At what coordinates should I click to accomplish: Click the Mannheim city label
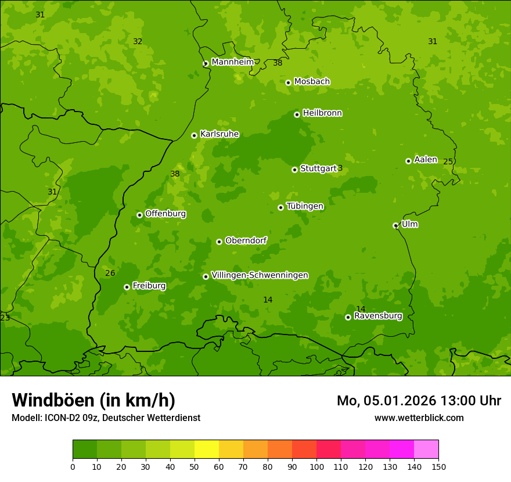(x=232, y=62)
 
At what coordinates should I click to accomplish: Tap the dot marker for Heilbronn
(x=297, y=114)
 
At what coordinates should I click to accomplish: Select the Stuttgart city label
(x=318, y=168)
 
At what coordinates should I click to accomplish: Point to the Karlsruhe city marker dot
(x=194, y=135)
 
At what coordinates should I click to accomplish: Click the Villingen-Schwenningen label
(x=260, y=275)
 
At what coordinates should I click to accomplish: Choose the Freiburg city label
(x=149, y=286)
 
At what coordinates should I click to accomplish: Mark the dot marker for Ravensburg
(x=348, y=317)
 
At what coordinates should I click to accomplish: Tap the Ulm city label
(x=409, y=224)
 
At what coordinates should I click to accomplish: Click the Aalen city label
(x=425, y=160)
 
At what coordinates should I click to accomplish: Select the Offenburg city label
(x=165, y=214)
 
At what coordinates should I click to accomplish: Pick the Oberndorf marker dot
(x=219, y=242)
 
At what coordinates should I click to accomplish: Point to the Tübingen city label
(x=305, y=206)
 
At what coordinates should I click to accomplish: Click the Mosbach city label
(x=311, y=81)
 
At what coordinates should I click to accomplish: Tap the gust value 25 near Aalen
(x=448, y=162)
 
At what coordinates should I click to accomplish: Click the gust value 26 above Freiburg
(x=110, y=273)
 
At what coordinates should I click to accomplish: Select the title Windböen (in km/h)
(x=93, y=400)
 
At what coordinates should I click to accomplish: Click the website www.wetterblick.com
(x=419, y=418)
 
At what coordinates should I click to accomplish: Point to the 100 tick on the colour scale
(x=316, y=466)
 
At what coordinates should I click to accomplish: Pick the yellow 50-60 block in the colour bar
(x=207, y=449)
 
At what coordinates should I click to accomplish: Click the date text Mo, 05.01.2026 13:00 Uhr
(x=419, y=401)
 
